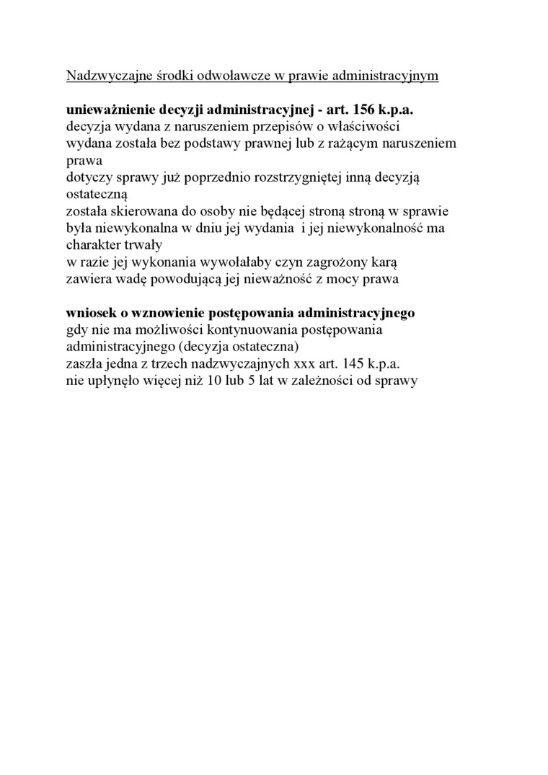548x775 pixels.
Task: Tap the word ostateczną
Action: pos(97,195)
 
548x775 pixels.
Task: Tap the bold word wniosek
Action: pos(91,314)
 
